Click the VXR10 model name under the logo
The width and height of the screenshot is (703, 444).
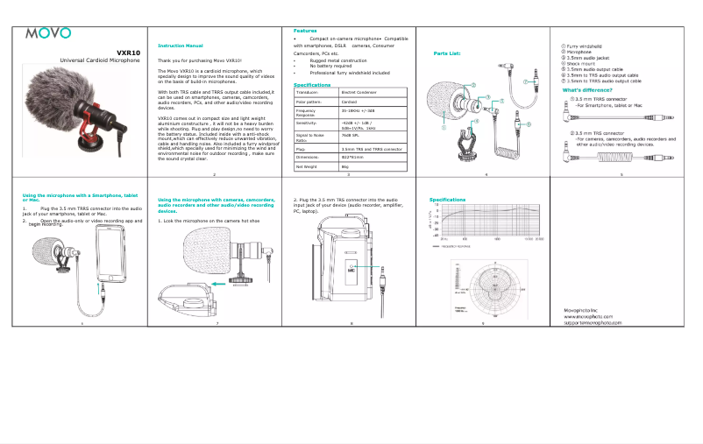[x=128, y=52]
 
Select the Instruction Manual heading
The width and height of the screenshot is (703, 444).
[x=180, y=45]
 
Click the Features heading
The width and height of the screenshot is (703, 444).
[x=306, y=31]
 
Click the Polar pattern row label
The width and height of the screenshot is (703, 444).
[x=310, y=102]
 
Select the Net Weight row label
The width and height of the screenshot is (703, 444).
[x=308, y=166]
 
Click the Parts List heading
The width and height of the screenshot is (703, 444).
[x=447, y=53]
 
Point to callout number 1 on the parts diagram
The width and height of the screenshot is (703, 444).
[x=444, y=128]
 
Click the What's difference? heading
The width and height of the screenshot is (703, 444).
[x=586, y=90]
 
